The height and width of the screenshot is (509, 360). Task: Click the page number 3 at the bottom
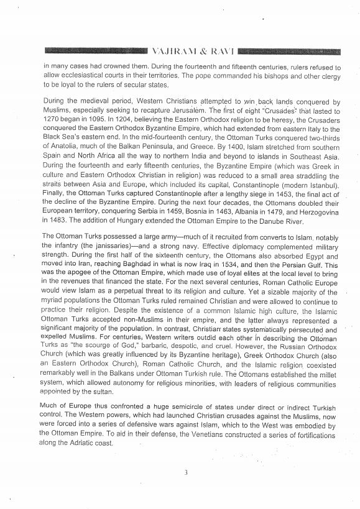185,472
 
